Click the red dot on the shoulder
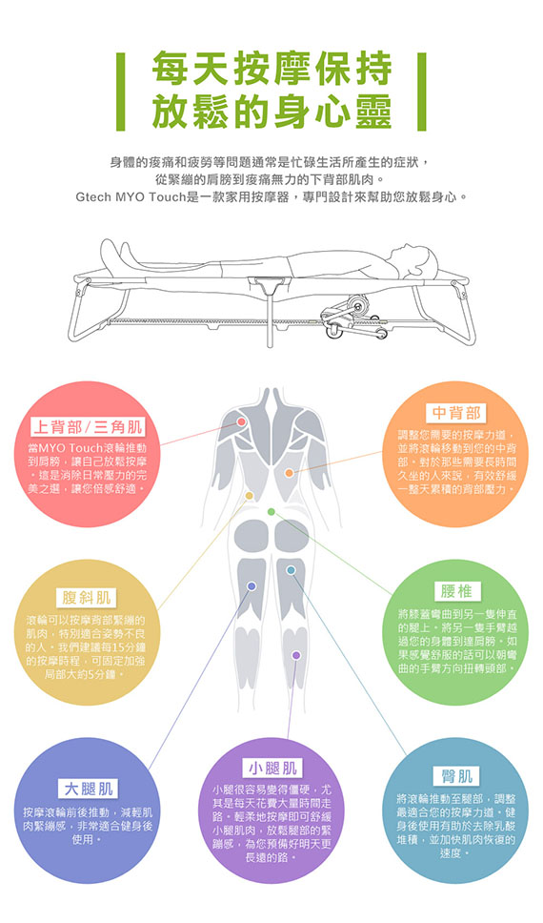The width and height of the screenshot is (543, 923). click(241, 422)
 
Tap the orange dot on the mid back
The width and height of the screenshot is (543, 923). click(289, 473)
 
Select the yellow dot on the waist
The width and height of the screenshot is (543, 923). click(250, 496)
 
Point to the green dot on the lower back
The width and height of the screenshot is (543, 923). click(271, 511)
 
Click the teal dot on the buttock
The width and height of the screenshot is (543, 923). click(291, 570)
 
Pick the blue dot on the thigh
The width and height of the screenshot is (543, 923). click(251, 586)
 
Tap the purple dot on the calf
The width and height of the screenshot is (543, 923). click(296, 655)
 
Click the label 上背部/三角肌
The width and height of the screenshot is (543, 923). click(88, 427)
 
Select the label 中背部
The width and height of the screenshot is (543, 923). click(456, 413)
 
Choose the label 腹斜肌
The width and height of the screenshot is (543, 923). click(87, 598)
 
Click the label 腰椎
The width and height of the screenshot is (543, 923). click(456, 591)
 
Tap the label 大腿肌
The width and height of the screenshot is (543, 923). click(89, 789)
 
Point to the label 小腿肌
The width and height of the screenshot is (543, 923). click(272, 768)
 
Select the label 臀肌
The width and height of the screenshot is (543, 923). click(456, 776)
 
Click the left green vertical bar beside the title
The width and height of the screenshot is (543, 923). click(121, 92)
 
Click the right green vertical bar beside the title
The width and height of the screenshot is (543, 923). click(421, 92)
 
